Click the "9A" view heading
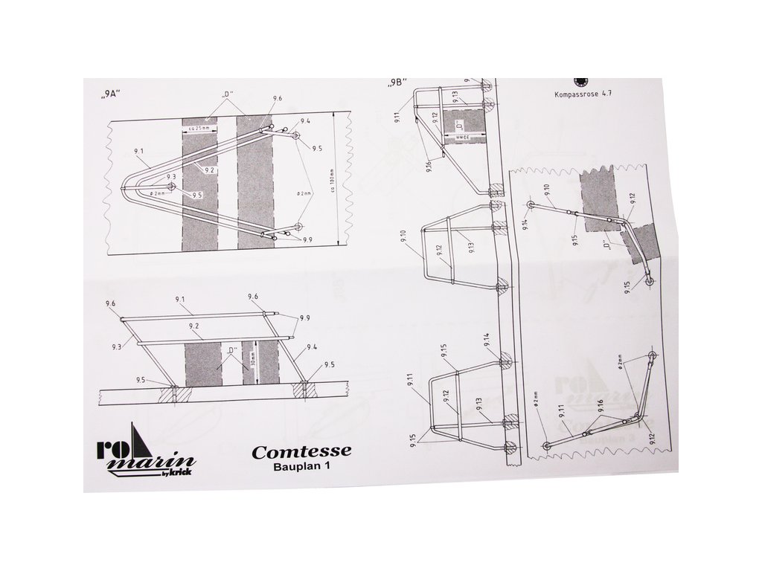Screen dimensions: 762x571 coord(111,96)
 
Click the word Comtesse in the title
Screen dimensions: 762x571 coord(301,451)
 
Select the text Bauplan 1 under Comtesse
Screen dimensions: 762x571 coord(301,467)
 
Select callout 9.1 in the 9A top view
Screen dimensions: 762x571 coord(139,151)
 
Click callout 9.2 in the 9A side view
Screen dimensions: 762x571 coord(194,326)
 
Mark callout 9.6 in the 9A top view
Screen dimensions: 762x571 coord(278,99)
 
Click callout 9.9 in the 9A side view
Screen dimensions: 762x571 coord(304,317)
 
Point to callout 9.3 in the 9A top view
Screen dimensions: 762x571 coord(170,176)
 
